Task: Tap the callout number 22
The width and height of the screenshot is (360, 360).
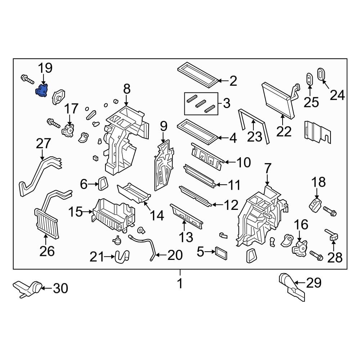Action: point(284,131)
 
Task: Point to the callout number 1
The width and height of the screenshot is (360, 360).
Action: point(180,284)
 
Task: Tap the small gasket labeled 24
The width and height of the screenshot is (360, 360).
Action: point(321,74)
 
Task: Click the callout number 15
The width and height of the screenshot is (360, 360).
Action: point(76,212)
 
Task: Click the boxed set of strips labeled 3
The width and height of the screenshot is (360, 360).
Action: point(202,103)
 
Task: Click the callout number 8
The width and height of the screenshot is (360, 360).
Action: point(126,89)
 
